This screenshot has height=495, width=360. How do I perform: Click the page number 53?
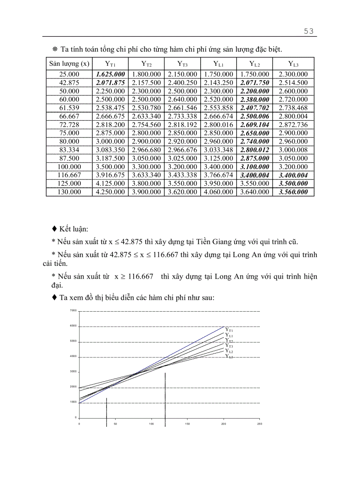click(308, 31)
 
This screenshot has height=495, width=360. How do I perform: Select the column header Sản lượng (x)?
click(69, 63)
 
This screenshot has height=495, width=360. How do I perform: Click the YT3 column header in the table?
click(182, 63)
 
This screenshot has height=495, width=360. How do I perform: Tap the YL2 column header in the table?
click(255, 63)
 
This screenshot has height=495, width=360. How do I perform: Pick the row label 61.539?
click(69, 108)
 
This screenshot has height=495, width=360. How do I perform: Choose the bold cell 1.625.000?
click(110, 74)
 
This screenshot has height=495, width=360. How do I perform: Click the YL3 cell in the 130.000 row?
click(293, 192)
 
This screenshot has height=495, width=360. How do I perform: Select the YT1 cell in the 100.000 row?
click(110, 167)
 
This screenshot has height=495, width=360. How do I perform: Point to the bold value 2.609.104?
click(255, 125)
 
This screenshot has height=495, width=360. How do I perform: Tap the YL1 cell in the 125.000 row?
click(218, 183)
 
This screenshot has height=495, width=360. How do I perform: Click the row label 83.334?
click(69, 150)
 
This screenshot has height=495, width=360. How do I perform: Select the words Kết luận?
click(73, 229)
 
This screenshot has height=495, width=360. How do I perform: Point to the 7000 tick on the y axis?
click(73, 311)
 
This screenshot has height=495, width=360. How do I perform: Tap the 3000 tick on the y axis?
click(73, 372)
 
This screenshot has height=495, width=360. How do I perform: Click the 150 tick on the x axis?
click(187, 424)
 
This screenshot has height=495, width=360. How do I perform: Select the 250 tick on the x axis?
click(259, 424)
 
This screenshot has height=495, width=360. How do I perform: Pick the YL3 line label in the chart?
click(229, 356)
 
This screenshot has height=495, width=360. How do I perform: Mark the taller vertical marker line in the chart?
click(165, 397)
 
